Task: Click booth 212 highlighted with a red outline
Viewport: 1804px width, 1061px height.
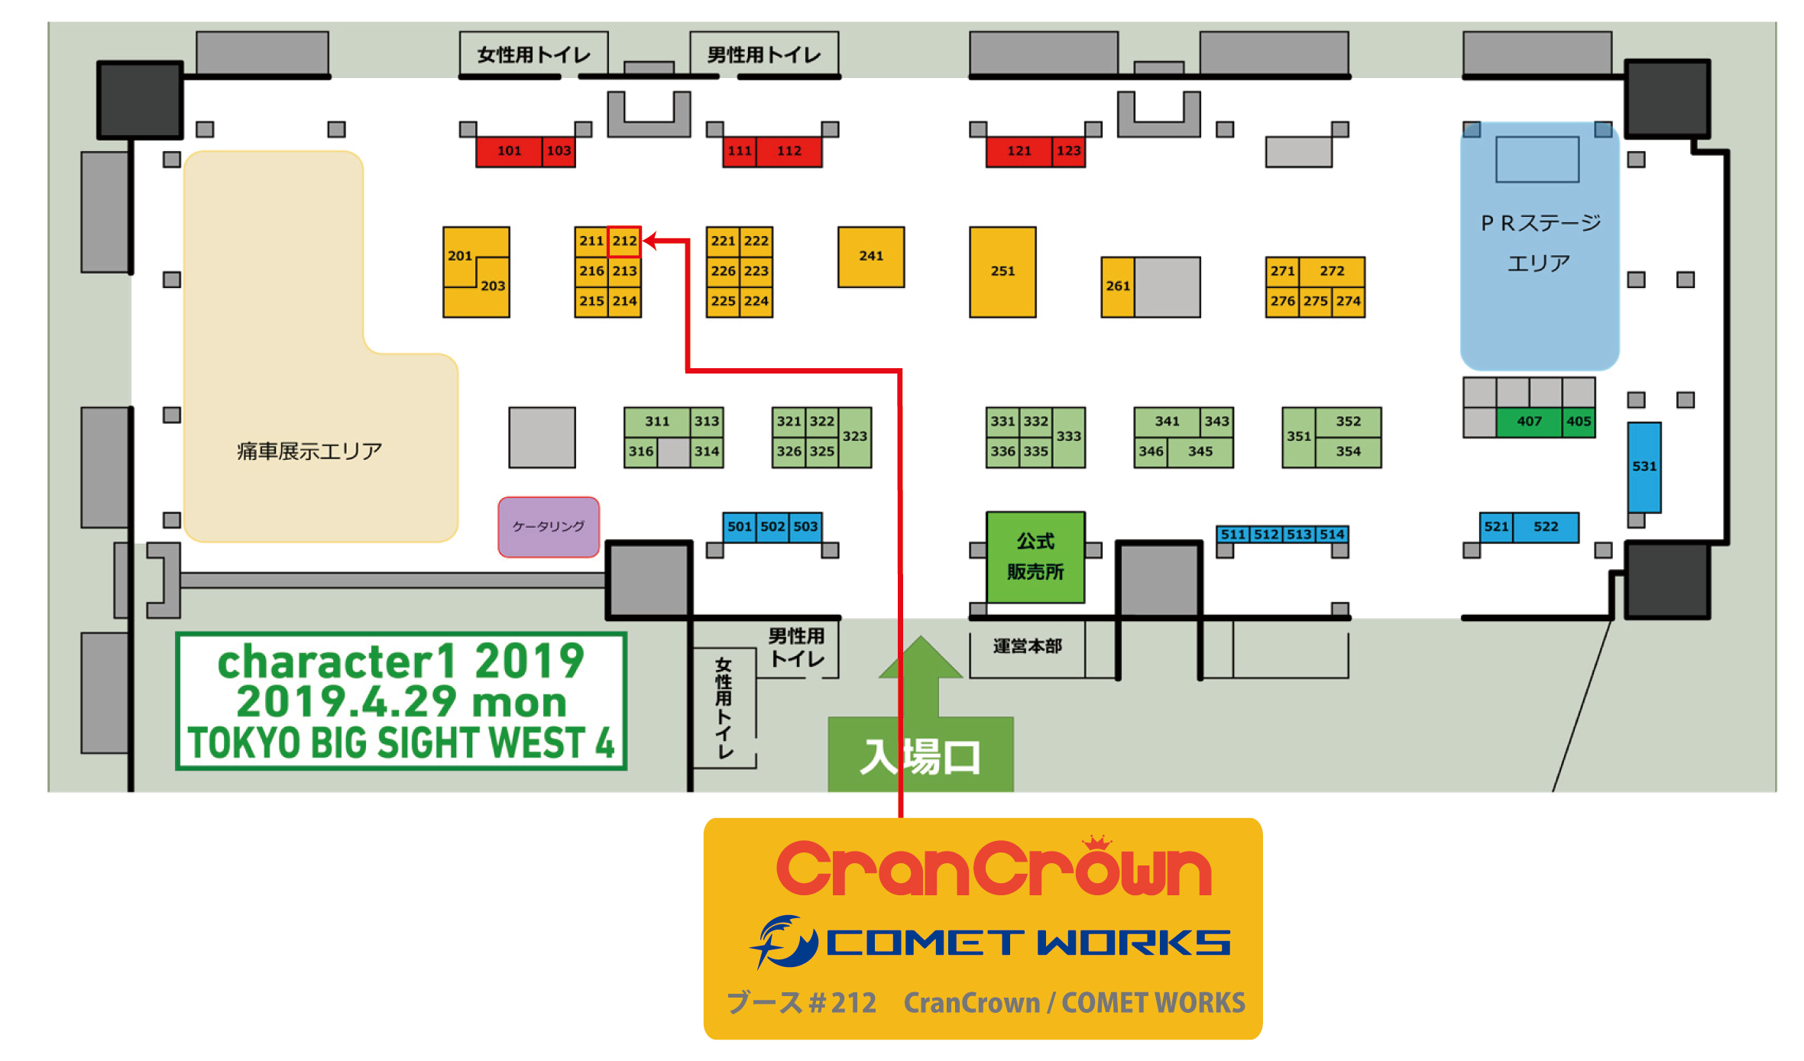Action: (623, 241)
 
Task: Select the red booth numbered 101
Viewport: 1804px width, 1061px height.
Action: (509, 151)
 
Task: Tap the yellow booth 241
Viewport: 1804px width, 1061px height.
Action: (870, 257)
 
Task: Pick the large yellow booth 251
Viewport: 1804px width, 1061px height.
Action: (1002, 271)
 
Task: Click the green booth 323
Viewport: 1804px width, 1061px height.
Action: (855, 436)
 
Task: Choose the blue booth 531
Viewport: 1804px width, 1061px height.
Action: (1644, 466)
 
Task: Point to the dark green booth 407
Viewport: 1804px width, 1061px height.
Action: (1528, 422)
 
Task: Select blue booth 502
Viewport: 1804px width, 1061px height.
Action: (772, 526)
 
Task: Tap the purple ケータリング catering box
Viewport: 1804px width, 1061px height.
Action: (548, 526)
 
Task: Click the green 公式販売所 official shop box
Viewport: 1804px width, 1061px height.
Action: (1035, 556)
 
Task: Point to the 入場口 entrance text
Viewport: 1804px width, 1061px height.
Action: (920, 757)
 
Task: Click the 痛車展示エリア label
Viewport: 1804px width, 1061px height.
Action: (309, 451)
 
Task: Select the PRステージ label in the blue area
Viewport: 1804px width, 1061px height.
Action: (1540, 223)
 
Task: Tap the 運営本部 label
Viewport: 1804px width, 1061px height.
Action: (1027, 646)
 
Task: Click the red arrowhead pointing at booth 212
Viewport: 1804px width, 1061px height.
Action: (650, 241)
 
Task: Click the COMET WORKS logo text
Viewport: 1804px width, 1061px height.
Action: (1027, 943)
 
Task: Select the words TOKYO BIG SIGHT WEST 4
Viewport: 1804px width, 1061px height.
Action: (401, 742)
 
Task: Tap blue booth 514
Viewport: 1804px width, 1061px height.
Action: (1332, 535)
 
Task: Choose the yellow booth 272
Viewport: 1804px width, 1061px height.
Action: (1332, 271)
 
